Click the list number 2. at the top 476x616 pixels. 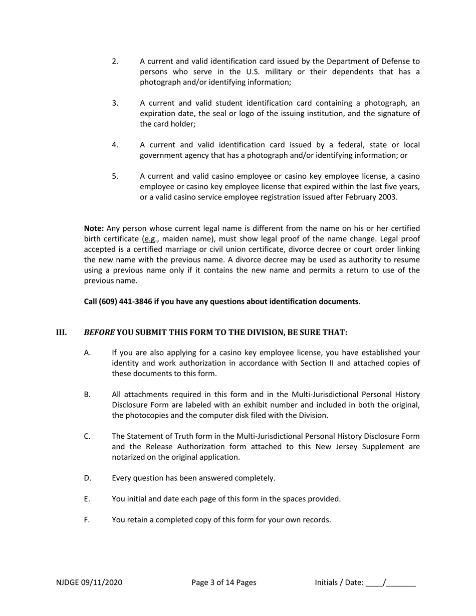point(115,61)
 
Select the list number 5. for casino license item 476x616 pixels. point(115,176)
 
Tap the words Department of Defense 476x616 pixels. point(368,61)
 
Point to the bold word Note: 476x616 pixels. point(94,228)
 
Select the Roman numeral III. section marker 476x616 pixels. point(61,332)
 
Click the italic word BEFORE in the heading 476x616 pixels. point(99,332)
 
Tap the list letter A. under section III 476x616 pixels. point(87,353)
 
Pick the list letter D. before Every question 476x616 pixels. point(88,478)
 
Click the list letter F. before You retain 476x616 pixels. point(87,519)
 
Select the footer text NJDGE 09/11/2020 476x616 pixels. point(89,582)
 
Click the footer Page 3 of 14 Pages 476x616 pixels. point(224,582)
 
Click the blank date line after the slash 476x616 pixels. point(401,583)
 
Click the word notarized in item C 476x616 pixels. point(129,457)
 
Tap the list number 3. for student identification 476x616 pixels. point(115,103)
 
